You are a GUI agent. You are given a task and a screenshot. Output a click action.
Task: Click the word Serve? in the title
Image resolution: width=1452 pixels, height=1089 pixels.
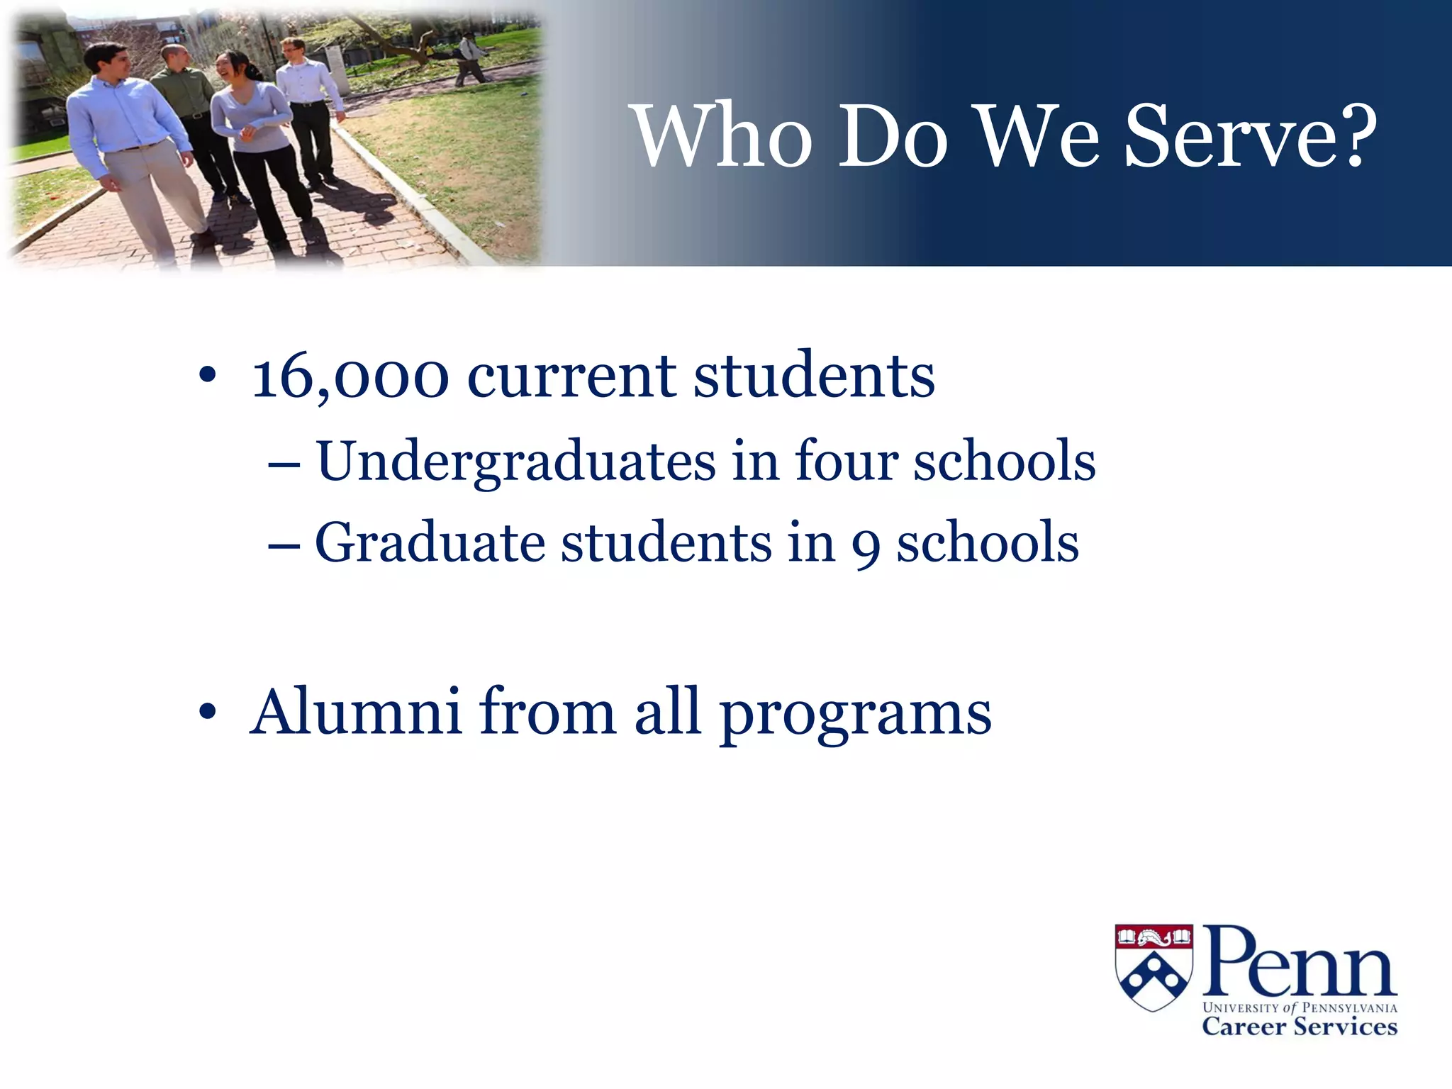[x=1251, y=136]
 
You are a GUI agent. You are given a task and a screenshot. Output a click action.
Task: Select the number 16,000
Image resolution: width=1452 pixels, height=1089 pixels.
[x=351, y=376]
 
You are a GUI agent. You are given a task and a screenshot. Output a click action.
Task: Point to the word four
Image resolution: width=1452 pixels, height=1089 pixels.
[x=847, y=461]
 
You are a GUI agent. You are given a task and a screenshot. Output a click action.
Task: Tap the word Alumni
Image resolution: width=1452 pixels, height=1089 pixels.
[x=357, y=712]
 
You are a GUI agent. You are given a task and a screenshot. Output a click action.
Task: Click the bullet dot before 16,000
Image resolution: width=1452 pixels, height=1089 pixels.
[x=207, y=376]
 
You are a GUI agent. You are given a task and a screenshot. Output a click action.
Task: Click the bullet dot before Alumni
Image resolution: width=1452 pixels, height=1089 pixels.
[x=207, y=712]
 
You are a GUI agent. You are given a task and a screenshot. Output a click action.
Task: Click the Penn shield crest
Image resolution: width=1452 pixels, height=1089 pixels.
[x=1154, y=967]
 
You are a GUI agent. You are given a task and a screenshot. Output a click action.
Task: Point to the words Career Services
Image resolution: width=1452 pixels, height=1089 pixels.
[x=1299, y=1027]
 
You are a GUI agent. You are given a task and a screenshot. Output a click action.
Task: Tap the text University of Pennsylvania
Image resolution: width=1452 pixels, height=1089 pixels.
[x=1299, y=1007]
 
